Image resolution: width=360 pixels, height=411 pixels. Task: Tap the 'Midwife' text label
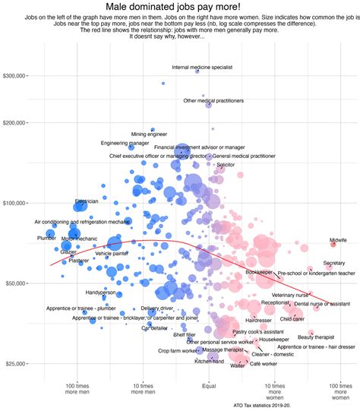point(338,240)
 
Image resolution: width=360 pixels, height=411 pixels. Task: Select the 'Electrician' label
point(86,201)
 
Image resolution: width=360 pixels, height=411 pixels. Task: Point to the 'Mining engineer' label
point(148,134)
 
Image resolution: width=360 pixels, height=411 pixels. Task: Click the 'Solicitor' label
point(225,164)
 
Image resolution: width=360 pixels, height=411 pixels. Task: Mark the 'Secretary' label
point(333,263)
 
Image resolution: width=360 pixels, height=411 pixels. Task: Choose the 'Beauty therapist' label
point(315,337)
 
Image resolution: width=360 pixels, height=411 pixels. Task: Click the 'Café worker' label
point(264,365)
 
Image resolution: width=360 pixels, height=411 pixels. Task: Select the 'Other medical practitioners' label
point(213,100)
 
